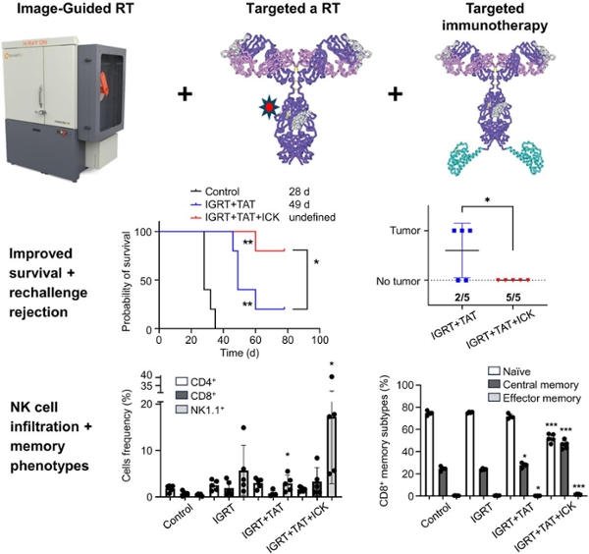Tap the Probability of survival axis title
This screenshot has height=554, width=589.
point(128,278)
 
